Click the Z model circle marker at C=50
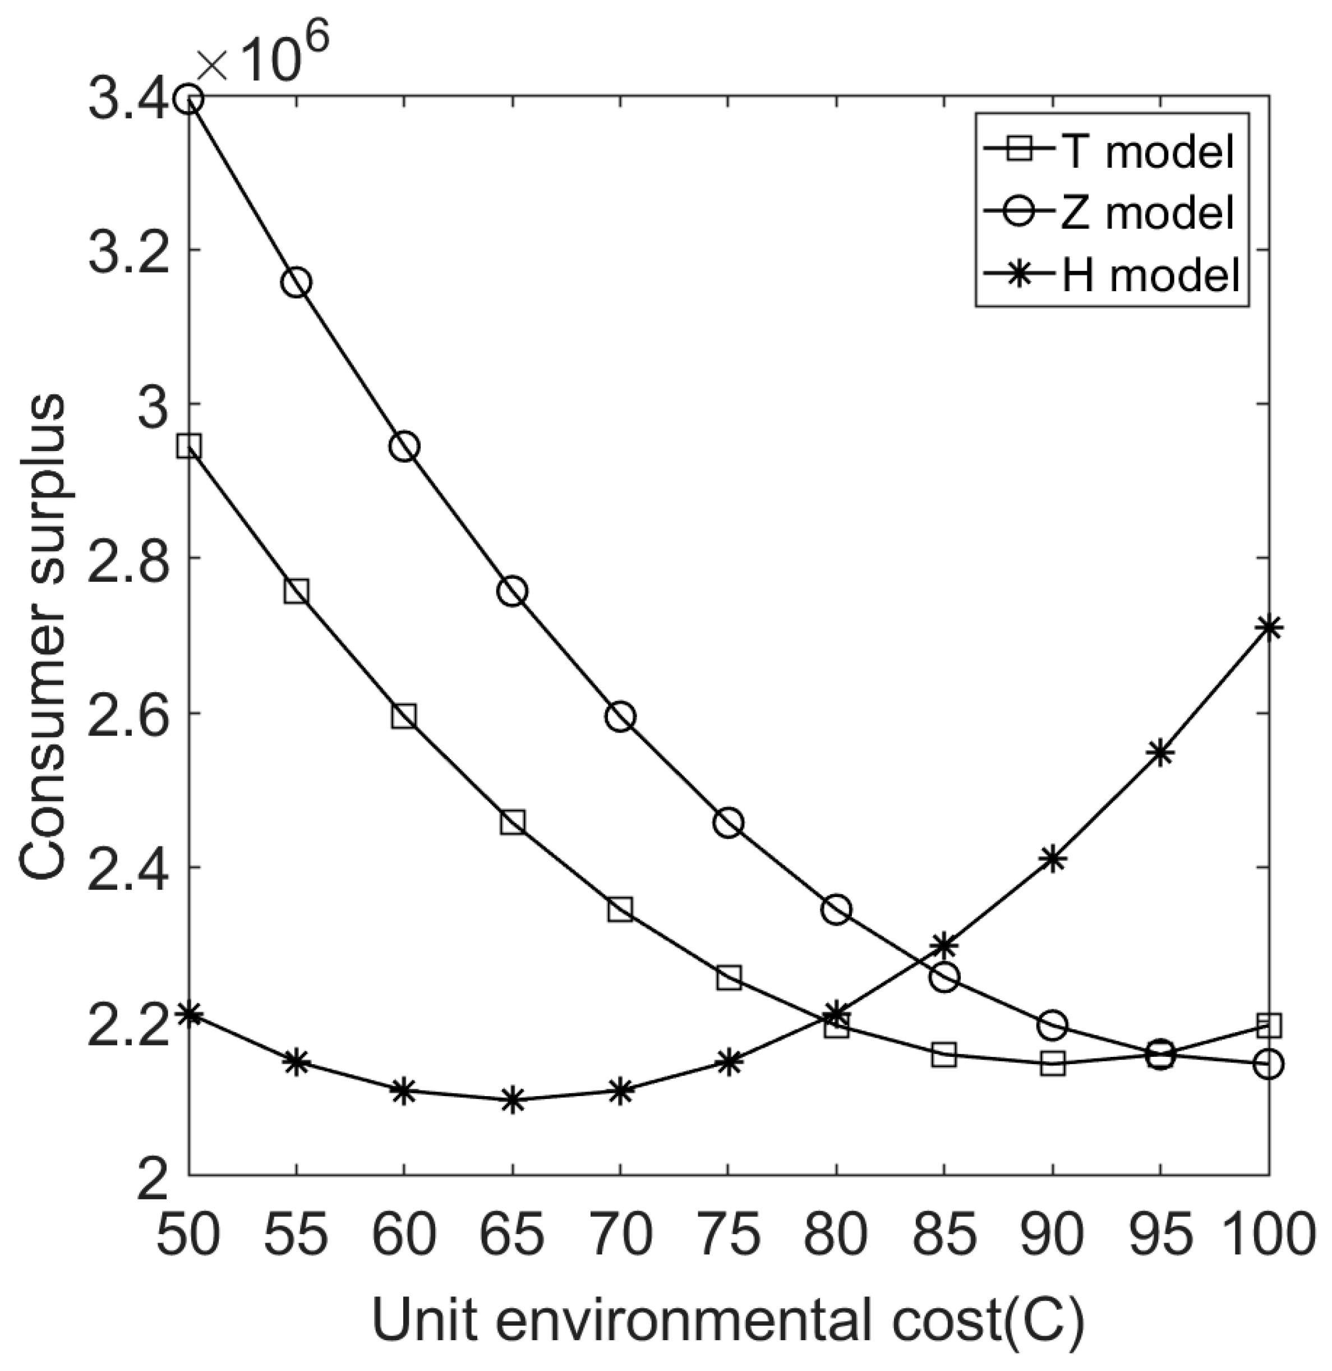click(x=189, y=99)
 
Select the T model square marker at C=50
click(x=189, y=446)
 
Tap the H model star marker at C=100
click(x=1268, y=627)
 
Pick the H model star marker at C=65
click(x=513, y=1100)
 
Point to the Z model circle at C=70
click(x=620, y=717)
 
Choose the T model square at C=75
click(x=729, y=978)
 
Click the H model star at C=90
click(x=1053, y=859)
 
